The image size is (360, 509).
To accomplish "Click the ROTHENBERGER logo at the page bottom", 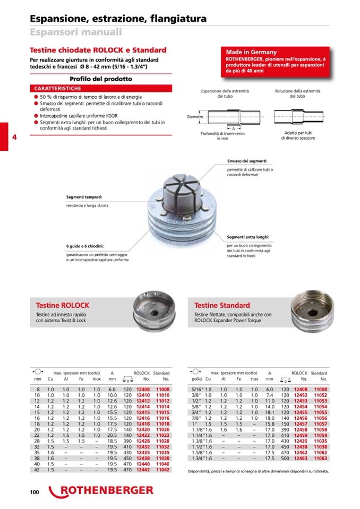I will [x=101, y=490].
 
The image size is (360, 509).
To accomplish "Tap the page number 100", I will [x=35, y=493].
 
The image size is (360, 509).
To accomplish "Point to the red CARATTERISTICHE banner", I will [x=58, y=88].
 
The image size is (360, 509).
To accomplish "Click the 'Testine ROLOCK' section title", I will [x=62, y=306].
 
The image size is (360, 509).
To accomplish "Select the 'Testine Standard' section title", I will [x=222, y=306].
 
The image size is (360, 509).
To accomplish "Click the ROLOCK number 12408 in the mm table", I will [x=143, y=390].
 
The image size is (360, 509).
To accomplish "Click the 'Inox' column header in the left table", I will [x=96, y=379].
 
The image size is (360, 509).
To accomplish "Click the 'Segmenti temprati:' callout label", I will [x=84, y=197].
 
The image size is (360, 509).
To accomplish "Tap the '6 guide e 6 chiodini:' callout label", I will [x=85, y=246].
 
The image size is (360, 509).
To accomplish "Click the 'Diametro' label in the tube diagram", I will [x=196, y=116].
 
